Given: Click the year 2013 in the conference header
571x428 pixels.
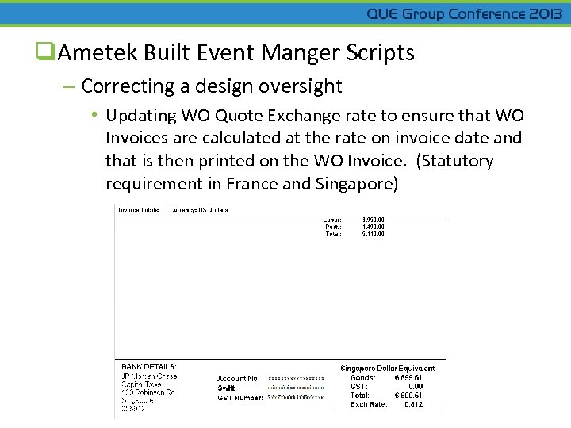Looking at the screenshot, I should pyautogui.click(x=546, y=14).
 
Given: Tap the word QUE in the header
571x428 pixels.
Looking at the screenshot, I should pyautogui.click(x=383, y=14).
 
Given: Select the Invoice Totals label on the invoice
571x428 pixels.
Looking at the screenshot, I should pyautogui.click(x=139, y=210).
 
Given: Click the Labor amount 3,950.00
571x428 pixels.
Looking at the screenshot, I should pyautogui.click(x=372, y=219).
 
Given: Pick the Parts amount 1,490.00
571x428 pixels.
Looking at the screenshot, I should pyautogui.click(x=372, y=227).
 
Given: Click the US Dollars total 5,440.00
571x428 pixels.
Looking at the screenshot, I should pyautogui.click(x=372, y=235).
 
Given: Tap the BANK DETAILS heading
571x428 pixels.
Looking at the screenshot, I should pyautogui.click(x=149, y=367).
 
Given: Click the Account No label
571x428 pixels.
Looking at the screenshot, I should pyautogui.click(x=239, y=379).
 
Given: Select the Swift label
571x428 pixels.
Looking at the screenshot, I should pyautogui.click(x=227, y=388).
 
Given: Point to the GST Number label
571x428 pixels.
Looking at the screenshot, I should pyautogui.click(x=240, y=398).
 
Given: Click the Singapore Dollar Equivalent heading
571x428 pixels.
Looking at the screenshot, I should pyautogui.click(x=388, y=369).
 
